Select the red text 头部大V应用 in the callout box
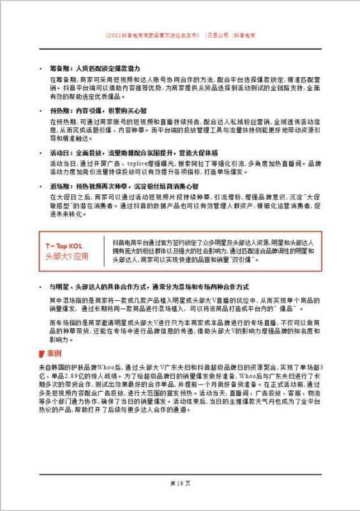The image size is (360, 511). click(64, 257)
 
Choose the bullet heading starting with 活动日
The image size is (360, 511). click(133, 153)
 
